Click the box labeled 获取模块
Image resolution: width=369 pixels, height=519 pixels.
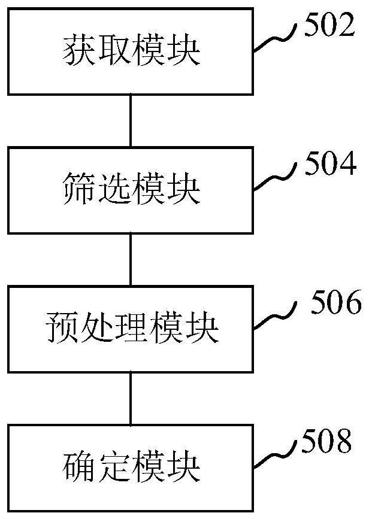[x=131, y=51]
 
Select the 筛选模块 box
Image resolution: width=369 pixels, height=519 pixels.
[x=131, y=190]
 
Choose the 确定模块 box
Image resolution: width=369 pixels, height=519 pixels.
[x=131, y=468]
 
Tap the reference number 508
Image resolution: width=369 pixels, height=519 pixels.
[x=327, y=444]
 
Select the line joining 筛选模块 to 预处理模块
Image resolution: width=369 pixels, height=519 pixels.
[x=131, y=259]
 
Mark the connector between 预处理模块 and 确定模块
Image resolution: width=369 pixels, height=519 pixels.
[x=131, y=398]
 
